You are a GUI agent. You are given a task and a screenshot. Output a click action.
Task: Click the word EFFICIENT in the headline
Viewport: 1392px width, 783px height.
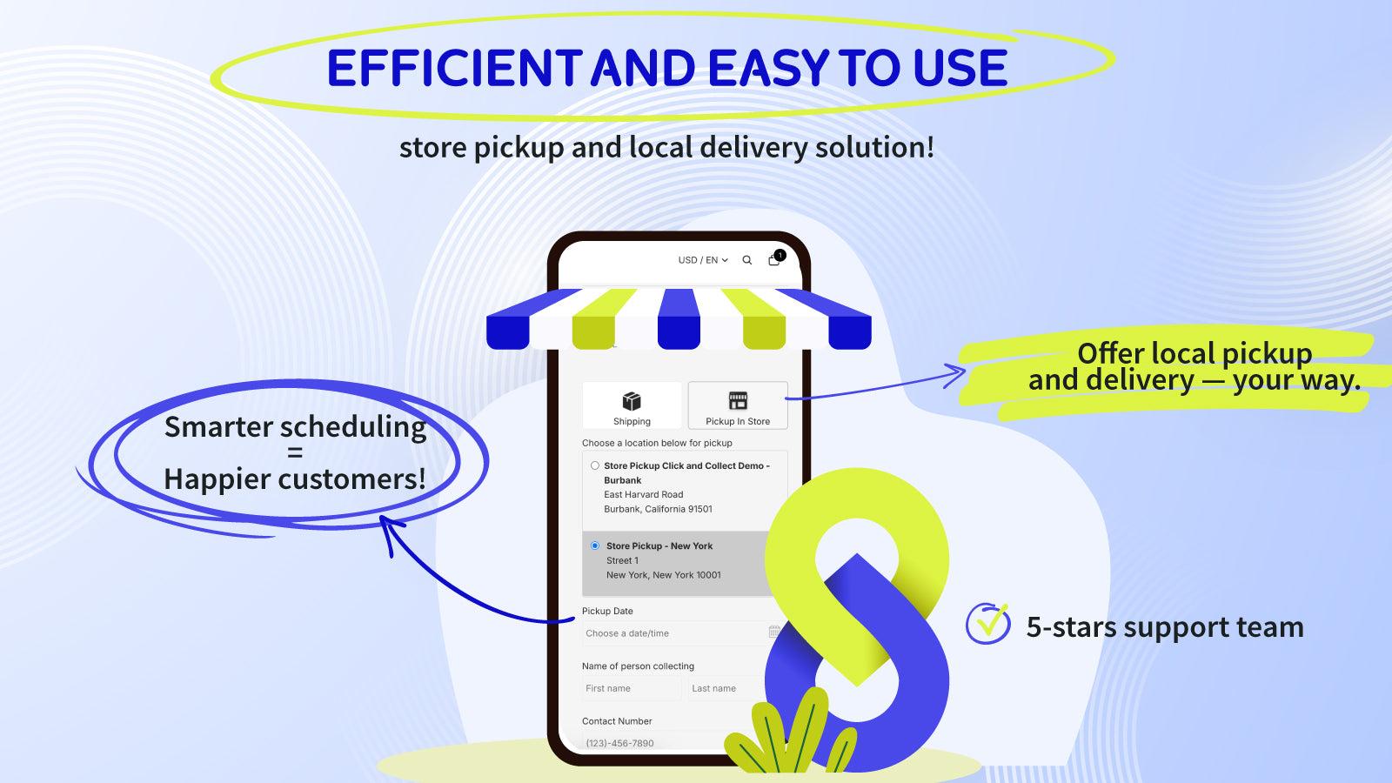452,68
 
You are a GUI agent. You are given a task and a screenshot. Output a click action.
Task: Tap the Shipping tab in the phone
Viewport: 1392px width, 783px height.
632,405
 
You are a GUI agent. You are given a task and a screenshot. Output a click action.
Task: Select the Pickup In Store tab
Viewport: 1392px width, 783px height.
738,405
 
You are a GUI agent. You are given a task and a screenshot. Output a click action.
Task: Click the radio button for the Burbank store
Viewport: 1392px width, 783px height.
595,465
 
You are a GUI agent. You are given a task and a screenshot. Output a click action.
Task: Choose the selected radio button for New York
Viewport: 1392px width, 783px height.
595,545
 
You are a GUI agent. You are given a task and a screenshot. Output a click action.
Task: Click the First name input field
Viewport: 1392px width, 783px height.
631,688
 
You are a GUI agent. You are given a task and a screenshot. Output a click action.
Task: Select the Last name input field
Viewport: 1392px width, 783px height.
722,688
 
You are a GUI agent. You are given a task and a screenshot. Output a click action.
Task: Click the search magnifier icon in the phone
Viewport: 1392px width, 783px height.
746,260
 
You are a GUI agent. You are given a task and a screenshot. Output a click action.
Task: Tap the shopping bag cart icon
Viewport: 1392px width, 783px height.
774,259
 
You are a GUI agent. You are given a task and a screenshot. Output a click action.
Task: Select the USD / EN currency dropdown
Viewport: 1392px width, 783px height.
703,260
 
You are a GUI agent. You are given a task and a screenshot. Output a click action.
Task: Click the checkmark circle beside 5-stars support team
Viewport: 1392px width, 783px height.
987,624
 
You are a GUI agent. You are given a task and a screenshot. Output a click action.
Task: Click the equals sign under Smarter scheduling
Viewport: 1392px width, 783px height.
295,453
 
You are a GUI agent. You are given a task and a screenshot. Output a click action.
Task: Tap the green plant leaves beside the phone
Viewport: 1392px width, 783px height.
787,735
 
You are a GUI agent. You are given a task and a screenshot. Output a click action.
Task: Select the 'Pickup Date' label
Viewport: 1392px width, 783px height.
607,611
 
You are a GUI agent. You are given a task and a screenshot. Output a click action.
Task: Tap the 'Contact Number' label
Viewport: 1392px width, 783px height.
617,721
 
